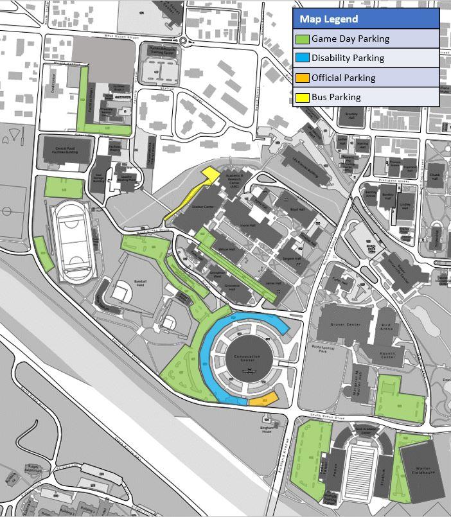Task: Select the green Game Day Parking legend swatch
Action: [x=302, y=39]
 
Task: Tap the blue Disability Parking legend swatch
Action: [x=302, y=58]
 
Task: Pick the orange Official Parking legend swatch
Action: [x=302, y=78]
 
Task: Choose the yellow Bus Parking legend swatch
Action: [x=302, y=98]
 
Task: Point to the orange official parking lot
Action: [x=263, y=399]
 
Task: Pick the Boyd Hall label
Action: [x=297, y=209]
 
